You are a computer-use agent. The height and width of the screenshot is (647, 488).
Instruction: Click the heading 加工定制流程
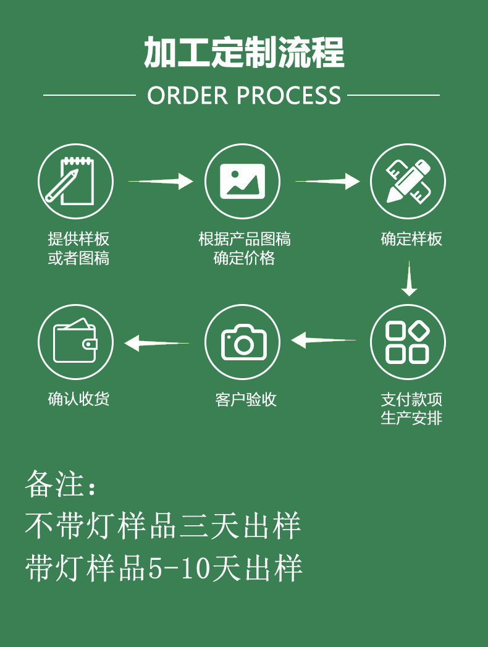point(244,53)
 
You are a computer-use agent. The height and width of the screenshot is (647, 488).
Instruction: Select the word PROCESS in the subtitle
point(288,96)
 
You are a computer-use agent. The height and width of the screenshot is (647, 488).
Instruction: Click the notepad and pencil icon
point(75,181)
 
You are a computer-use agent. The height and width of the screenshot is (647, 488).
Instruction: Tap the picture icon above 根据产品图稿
point(242,181)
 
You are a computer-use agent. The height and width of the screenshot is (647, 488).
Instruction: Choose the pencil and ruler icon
point(408,181)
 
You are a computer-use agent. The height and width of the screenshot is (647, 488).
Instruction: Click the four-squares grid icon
point(408,342)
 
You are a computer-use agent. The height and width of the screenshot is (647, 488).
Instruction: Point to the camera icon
point(242,342)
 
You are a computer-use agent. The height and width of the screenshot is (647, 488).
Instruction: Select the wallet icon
point(75,342)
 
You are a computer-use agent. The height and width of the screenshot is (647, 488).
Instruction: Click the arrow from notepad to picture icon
point(161,181)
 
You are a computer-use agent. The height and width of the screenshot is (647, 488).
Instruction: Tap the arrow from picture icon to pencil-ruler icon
point(327,181)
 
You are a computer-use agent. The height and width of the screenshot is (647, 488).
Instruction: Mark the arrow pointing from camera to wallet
point(157,342)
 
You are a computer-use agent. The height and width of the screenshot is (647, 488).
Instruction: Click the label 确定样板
point(411,239)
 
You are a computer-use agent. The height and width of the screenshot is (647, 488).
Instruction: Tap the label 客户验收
point(245,399)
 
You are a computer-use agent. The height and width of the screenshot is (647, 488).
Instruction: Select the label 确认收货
point(78,399)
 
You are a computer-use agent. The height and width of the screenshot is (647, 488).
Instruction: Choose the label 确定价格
point(244,258)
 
